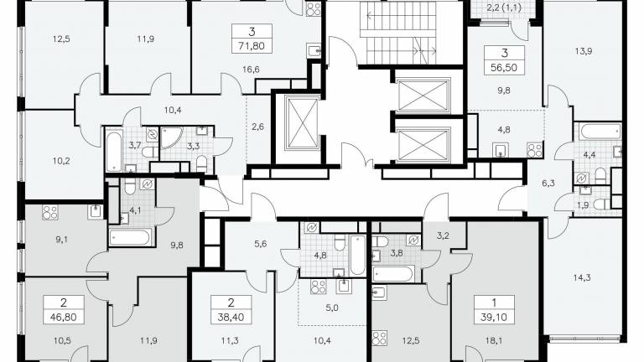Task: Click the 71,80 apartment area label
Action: [252, 46]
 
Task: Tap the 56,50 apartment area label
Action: [504, 68]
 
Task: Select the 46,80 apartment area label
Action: [64, 318]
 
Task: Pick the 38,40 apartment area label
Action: [231, 318]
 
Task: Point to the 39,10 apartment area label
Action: [494, 318]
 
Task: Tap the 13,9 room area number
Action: [584, 51]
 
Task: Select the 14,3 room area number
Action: [582, 278]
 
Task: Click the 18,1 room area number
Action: [493, 340]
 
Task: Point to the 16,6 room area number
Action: [251, 70]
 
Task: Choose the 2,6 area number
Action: [258, 127]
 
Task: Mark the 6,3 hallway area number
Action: [548, 183]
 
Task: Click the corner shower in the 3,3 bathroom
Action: [169, 137]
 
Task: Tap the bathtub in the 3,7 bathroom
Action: [114, 151]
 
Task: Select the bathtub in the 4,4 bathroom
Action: [601, 132]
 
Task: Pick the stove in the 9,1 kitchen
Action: [50, 213]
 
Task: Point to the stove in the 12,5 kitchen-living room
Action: [379, 339]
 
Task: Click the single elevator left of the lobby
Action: [302, 123]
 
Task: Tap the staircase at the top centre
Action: [398, 33]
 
